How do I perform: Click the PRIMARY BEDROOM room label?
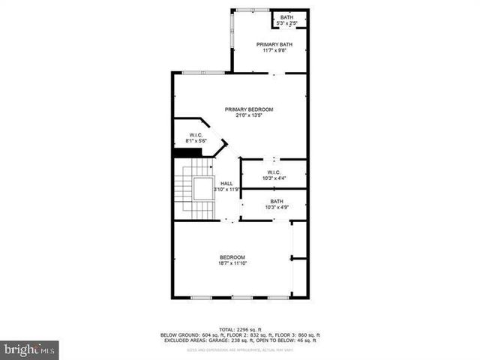(249, 109)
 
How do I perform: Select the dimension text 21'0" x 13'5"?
(249, 116)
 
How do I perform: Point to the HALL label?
(226, 184)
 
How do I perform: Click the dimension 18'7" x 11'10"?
(232, 263)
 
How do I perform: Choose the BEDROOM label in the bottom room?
(232, 257)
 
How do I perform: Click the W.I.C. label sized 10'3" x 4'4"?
(273, 172)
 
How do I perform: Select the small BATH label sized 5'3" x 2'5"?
(287, 17)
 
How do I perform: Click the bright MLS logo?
(29, 349)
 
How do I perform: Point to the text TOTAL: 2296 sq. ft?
(240, 328)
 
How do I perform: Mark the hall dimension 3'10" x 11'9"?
(227, 190)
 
